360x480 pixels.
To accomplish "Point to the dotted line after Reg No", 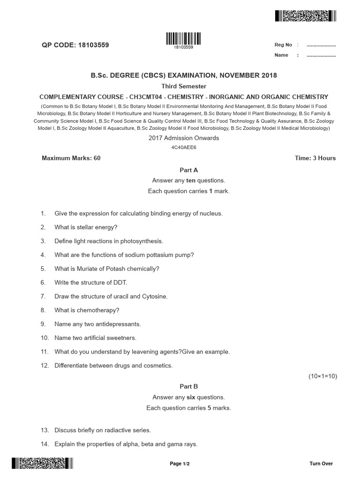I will tap(321, 45).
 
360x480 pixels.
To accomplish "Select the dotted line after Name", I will tap(321, 55).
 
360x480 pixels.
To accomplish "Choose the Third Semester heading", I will tap(184, 86).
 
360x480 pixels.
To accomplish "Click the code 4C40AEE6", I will tap(184, 147).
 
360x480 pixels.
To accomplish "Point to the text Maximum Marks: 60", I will tap(71, 158).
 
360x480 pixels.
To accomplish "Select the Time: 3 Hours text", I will tap(315, 158).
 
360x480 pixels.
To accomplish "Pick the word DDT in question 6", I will tap(120, 283).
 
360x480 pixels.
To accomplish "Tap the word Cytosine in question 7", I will tap(155, 296).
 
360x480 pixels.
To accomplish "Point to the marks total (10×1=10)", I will tap(322, 376).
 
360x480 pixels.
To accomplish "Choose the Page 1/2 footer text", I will tap(180, 464).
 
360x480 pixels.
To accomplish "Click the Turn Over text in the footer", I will tap(321, 464).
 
